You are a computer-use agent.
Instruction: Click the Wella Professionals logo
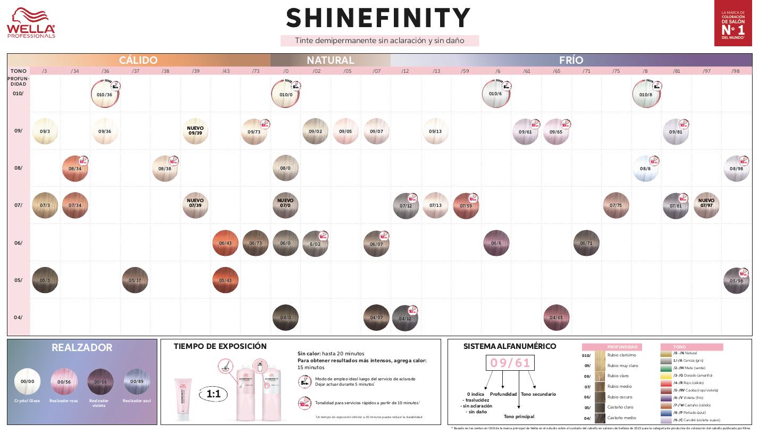point(31,23)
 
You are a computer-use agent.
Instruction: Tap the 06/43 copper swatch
point(225,243)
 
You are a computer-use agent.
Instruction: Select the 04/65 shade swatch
point(556,318)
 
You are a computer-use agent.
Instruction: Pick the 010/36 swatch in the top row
point(105,94)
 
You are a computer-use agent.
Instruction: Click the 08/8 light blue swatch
point(645,169)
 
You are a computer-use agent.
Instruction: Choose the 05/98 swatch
point(736,280)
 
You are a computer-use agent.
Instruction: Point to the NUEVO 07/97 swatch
point(706,205)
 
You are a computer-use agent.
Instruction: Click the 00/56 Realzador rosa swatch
point(64,381)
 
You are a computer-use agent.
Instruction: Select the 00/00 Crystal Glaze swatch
point(27,381)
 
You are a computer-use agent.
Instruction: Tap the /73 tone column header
point(256,71)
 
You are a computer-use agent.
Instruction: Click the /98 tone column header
point(736,71)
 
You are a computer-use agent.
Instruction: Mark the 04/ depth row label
point(18,318)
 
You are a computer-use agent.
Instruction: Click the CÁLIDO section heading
point(138,60)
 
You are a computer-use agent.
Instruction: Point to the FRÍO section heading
point(571,60)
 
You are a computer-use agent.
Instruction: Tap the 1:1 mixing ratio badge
point(213,394)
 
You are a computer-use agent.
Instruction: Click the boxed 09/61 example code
point(510,363)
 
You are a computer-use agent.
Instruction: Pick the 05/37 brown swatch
point(135,280)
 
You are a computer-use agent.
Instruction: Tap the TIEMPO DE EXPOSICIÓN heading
point(220,346)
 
